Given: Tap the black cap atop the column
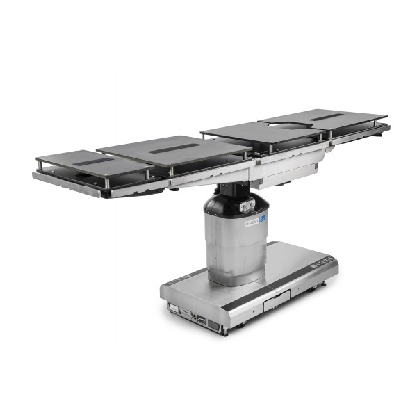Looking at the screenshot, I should pyautogui.click(x=236, y=201).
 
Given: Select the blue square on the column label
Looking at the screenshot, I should pyautogui.click(x=262, y=219).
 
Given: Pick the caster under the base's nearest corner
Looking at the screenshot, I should pyautogui.click(x=224, y=331).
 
